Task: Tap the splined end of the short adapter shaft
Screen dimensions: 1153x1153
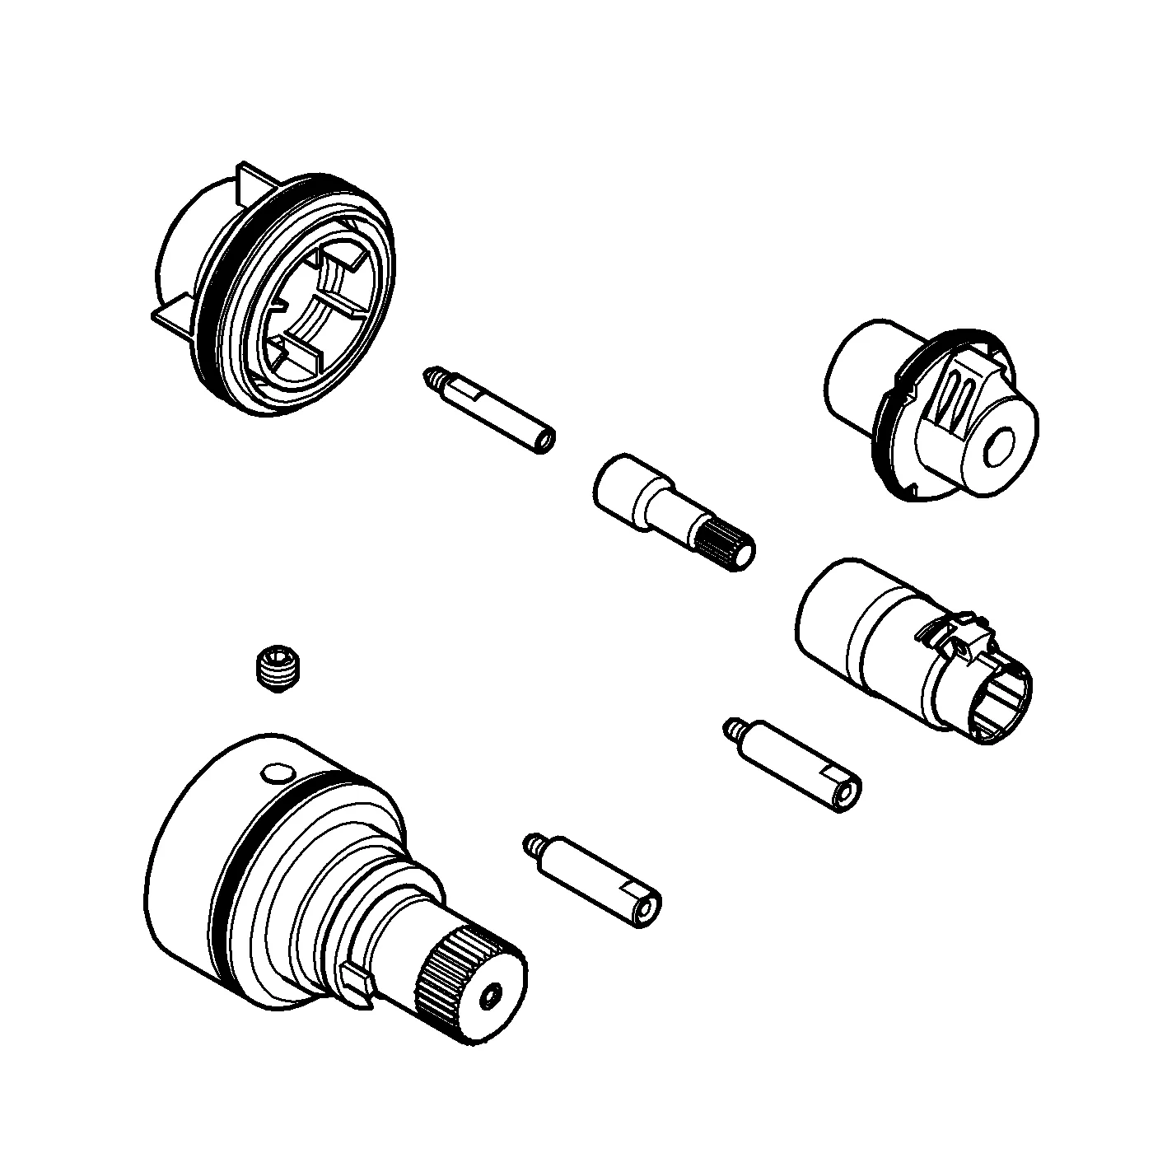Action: [x=725, y=545]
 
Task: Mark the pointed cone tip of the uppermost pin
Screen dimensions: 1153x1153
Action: [x=431, y=376]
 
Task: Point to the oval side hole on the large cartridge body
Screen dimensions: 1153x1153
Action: [x=275, y=773]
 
